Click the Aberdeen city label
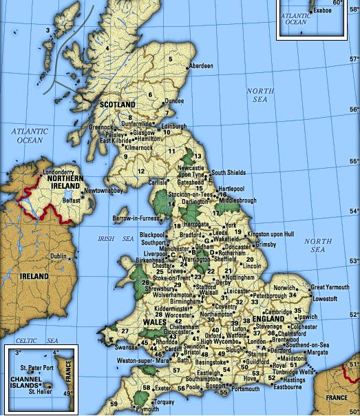click(x=202, y=65)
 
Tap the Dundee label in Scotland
click(x=175, y=101)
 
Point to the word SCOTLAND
click(x=117, y=105)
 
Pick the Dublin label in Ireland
click(x=59, y=257)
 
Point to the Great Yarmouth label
click(x=329, y=287)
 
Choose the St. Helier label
click(x=41, y=393)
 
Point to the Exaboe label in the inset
click(x=322, y=11)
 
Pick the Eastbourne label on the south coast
click(x=288, y=387)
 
